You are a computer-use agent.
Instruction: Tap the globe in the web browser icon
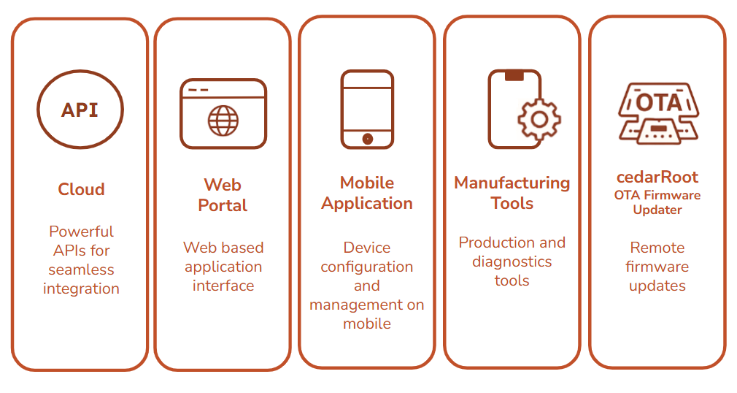223,121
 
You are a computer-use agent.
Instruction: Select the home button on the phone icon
367,138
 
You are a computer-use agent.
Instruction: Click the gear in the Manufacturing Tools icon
539,118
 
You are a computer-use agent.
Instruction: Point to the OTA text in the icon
658,102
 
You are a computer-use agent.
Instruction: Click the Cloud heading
81,189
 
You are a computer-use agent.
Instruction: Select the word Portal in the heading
223,205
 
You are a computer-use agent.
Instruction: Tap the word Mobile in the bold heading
367,183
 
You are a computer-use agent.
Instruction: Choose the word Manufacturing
512,183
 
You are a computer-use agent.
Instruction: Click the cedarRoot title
657,177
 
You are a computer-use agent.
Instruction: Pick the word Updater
657,210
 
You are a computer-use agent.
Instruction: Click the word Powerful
81,232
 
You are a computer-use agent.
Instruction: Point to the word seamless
81,270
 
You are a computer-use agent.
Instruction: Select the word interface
223,286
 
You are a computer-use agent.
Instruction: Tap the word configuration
367,267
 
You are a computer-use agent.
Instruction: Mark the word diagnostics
512,262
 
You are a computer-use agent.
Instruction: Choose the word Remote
657,248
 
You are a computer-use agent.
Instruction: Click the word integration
81,289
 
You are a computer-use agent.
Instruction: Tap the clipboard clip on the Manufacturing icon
514,75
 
